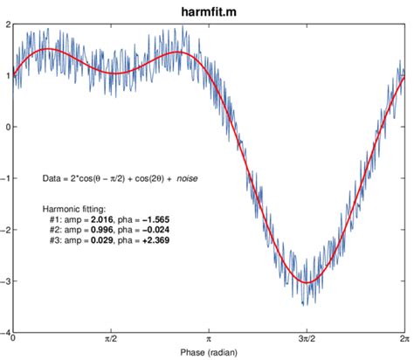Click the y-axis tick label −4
pyautogui.click(x=6, y=332)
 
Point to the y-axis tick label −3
pyautogui.click(x=6, y=281)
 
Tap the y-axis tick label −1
pyautogui.click(x=6, y=178)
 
